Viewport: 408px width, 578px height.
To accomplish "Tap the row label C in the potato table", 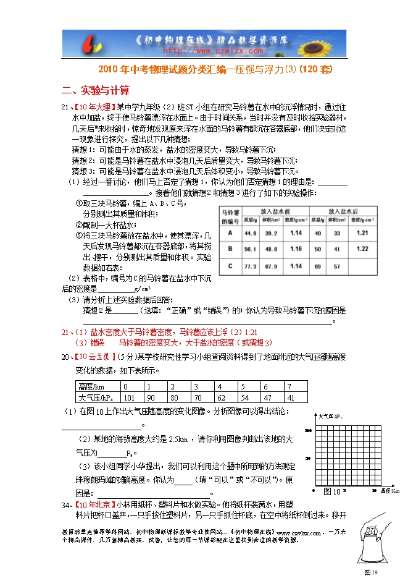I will point(230,266).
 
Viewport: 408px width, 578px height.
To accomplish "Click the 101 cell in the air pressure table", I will point(129,397).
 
